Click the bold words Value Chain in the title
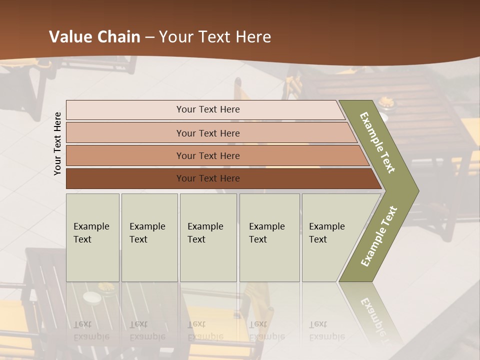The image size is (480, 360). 95,37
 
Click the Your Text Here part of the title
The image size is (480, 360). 215,37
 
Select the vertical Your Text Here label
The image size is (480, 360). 57,143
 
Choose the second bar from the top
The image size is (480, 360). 208,133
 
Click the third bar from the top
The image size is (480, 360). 208,155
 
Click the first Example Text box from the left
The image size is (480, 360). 92,237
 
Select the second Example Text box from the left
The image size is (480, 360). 149,237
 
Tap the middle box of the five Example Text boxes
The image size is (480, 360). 208,237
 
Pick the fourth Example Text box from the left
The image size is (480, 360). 269,237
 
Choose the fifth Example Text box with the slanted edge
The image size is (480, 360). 330,237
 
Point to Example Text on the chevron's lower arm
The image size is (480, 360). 379,236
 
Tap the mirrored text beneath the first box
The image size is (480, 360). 91,330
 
